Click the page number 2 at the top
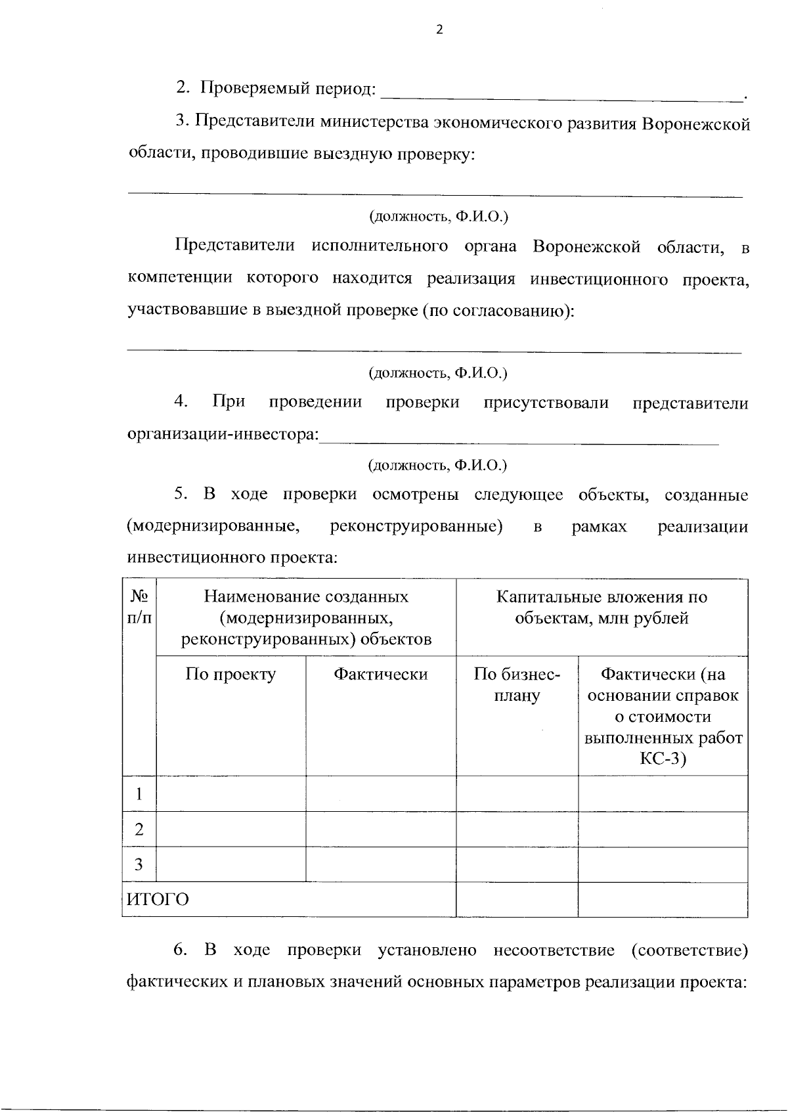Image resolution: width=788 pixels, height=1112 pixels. tap(440, 30)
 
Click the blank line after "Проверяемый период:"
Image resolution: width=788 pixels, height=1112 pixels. tap(561, 95)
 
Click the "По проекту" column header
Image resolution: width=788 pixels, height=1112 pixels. tap(230, 675)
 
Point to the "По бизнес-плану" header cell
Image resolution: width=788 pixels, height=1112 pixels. tap(517, 684)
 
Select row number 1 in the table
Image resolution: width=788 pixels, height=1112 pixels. tap(139, 794)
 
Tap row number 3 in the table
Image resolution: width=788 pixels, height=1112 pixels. tap(139, 864)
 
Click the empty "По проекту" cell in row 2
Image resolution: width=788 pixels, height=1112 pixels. tap(230, 830)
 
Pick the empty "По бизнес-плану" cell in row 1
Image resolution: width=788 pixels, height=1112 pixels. tap(517, 794)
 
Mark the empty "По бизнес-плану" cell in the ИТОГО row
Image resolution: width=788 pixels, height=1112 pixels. tap(517, 899)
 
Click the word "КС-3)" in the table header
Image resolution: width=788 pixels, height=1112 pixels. tap(663, 759)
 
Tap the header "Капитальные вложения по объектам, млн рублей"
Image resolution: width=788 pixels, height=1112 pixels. tap(602, 607)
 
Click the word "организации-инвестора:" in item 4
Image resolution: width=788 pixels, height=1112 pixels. tap(223, 435)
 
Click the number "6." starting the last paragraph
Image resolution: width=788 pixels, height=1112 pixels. tap(181, 950)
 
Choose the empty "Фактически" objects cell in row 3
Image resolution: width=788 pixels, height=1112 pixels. tap(381, 864)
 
